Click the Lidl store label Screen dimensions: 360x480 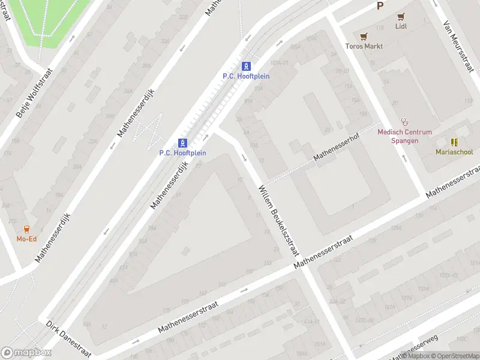(400, 26)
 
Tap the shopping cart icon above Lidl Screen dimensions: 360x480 (400, 17)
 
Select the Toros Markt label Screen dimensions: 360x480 (364, 46)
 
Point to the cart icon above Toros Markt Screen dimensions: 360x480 (364, 37)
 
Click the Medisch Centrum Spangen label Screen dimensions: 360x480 (404, 136)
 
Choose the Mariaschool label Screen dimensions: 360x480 (454, 152)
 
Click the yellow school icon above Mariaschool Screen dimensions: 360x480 (454, 142)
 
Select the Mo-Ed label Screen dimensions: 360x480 (26, 239)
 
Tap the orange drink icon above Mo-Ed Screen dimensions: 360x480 (26, 229)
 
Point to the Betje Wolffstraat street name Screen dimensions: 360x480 (35, 92)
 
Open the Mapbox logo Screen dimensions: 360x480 (26, 353)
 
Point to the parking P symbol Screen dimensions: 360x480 (379, 5)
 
